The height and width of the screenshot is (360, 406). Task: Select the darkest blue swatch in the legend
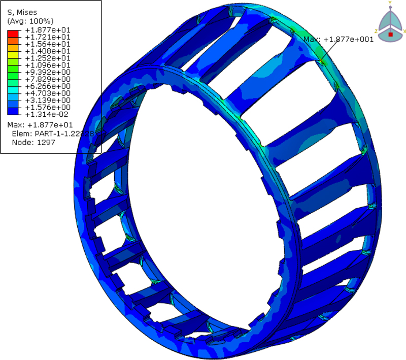point(12,111)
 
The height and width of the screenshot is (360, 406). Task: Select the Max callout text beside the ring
point(338,40)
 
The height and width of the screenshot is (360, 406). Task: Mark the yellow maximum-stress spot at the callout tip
point(322,61)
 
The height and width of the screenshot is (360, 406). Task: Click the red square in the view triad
point(390,34)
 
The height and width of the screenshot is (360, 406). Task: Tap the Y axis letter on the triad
point(390,3)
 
